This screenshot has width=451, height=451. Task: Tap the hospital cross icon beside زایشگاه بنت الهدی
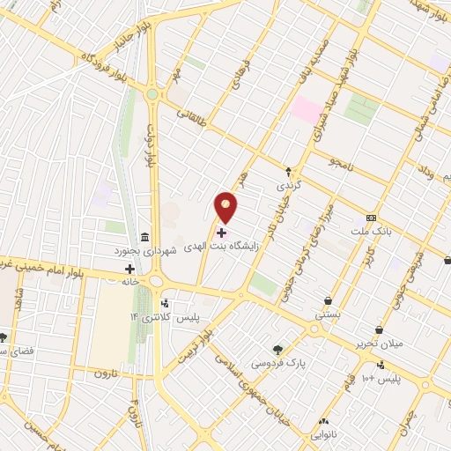pos(221,233)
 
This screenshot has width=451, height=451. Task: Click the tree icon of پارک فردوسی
pos(278,349)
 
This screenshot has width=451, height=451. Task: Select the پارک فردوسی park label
pos(273,362)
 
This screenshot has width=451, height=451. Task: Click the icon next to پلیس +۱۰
pos(380,366)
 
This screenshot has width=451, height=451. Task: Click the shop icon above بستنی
pos(329,300)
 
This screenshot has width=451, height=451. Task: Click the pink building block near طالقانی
pos(307,110)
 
